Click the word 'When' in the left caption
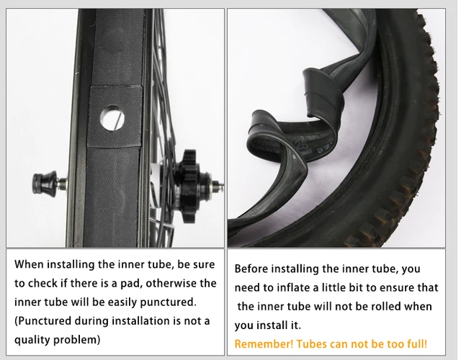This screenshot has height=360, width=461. click(x=31, y=264)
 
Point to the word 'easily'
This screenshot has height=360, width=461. click(x=109, y=301)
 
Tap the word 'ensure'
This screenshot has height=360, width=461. click(x=385, y=287)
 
